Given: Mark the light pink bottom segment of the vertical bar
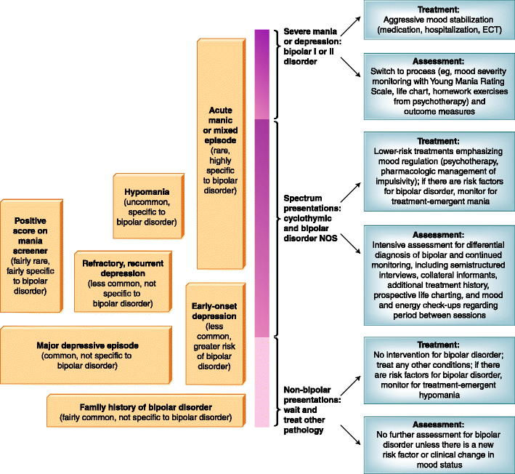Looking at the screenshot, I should click(x=261, y=382).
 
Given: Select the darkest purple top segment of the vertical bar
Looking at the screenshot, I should click(x=261, y=73).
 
